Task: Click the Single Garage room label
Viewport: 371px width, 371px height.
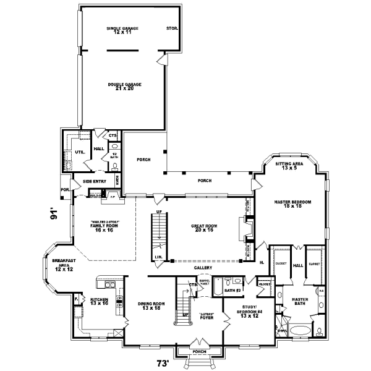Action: click(x=122, y=30)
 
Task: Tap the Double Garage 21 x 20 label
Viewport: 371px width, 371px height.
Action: click(x=125, y=86)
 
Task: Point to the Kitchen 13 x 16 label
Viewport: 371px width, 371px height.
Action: click(x=98, y=302)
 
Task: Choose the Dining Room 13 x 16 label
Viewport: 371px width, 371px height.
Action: click(x=150, y=305)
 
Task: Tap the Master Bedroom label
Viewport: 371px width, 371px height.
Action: click(x=292, y=205)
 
